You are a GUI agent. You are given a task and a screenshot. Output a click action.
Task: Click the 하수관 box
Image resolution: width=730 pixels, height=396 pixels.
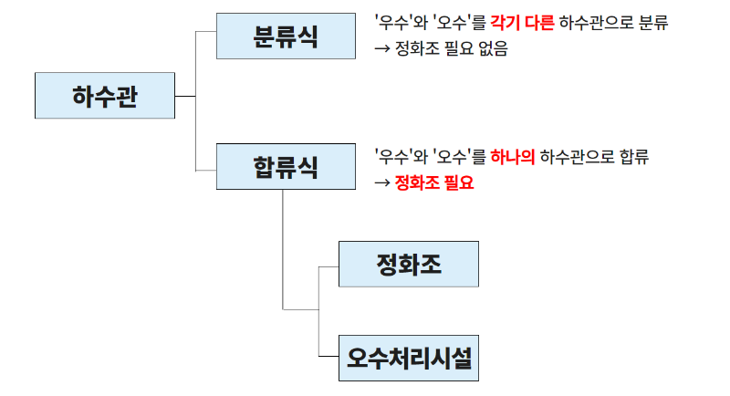point(105,96)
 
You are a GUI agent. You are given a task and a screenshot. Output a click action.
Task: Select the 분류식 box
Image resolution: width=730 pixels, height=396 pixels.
point(286,36)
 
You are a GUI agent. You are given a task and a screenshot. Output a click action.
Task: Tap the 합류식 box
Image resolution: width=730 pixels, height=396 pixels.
point(286,167)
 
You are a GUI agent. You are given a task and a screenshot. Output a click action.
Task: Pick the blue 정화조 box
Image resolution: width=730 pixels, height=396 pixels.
point(409,264)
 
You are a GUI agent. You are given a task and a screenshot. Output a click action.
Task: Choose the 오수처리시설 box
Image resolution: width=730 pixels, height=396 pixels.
point(409,358)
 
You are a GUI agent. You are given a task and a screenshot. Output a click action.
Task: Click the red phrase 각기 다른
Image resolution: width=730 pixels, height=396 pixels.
point(522,22)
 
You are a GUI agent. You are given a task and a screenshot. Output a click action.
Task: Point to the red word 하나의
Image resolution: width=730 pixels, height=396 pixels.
point(513,157)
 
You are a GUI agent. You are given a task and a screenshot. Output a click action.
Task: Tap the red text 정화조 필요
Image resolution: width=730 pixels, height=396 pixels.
point(434,182)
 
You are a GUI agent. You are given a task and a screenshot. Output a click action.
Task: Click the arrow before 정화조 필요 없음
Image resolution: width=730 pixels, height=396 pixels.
point(382,48)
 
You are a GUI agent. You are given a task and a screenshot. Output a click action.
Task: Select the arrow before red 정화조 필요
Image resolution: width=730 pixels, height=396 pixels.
point(382,182)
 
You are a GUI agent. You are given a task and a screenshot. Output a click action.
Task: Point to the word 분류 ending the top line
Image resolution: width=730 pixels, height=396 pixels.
point(653,22)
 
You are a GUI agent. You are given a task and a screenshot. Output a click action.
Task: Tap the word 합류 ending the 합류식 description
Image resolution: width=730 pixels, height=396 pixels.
point(634,157)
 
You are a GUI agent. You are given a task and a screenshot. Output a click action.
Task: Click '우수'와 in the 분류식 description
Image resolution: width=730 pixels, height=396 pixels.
point(401,22)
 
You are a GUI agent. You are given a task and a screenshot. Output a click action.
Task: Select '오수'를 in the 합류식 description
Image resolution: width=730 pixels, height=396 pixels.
point(460,157)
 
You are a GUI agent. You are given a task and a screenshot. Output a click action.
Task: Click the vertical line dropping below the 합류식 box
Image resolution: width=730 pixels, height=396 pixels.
point(283,249)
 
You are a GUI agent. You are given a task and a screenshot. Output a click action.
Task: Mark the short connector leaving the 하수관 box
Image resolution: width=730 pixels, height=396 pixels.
point(185,97)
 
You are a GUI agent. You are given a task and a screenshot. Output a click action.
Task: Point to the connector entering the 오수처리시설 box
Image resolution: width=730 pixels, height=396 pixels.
point(328,357)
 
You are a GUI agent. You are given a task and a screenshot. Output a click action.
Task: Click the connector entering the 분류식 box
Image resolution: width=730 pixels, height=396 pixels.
point(206,32)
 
